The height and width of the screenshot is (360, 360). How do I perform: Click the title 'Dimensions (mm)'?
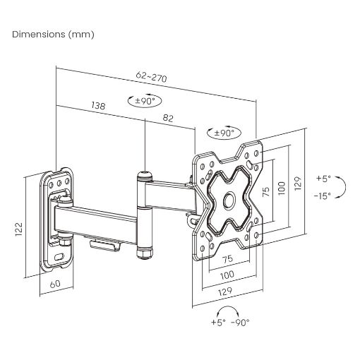53,35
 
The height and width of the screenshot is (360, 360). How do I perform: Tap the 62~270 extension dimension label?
151,76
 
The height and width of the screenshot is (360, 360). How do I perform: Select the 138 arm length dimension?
98,106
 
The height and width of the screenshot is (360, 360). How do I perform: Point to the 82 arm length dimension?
168,118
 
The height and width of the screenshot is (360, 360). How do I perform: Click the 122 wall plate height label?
18,229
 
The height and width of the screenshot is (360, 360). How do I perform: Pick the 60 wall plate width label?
55,284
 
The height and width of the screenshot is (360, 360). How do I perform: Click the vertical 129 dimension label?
298,184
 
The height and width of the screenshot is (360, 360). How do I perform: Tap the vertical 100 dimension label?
282,188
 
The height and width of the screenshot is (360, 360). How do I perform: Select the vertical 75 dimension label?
265,192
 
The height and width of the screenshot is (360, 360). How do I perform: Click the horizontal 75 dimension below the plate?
227,259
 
